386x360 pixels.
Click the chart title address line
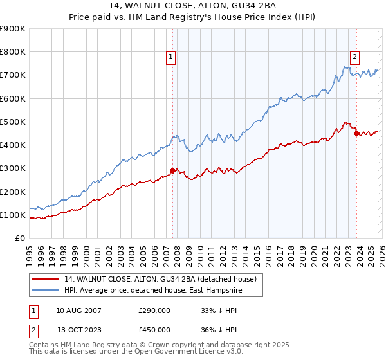(x=193, y=6)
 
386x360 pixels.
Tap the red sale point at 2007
(x=172, y=170)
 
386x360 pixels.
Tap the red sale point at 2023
(x=356, y=134)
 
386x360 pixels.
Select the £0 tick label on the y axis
(x=20, y=238)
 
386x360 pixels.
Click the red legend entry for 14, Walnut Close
(x=160, y=279)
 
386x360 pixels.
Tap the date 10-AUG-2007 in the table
(x=78, y=310)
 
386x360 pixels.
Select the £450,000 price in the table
(x=154, y=330)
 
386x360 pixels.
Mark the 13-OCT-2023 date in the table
(x=78, y=330)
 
